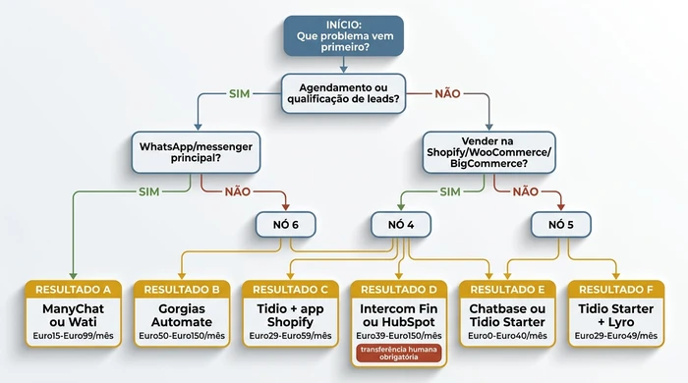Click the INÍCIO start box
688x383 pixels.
pos(343,35)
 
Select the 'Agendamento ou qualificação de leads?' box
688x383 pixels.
pos(343,93)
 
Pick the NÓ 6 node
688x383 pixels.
pos(284,225)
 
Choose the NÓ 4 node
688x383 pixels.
pos(401,225)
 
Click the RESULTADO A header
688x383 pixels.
pos(74,290)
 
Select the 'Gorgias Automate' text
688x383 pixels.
pos(182,315)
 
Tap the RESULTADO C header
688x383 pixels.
pos(290,290)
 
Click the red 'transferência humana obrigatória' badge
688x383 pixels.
pos(398,356)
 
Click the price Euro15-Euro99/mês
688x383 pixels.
pos(74,336)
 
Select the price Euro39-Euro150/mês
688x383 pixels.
pos(398,336)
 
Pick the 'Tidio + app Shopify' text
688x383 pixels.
pos(290,315)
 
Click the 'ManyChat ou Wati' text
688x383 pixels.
pos(74,315)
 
